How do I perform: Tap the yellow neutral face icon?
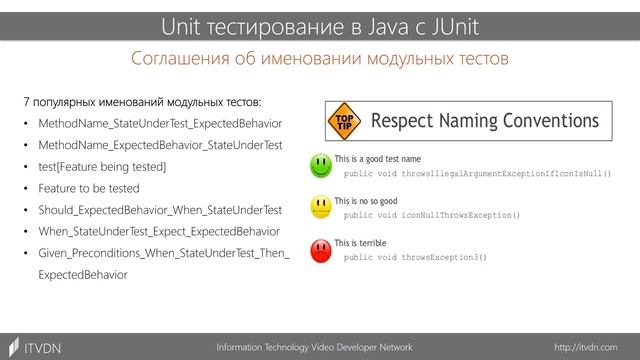[x=321, y=207]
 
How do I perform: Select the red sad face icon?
[x=321, y=249]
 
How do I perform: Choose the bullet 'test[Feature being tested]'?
[x=102, y=166]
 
